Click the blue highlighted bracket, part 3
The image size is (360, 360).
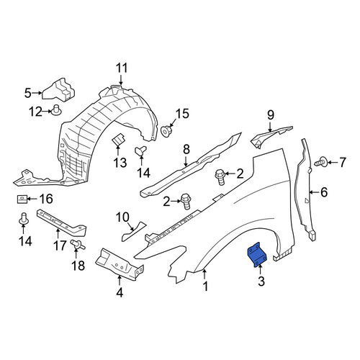tap(257, 254)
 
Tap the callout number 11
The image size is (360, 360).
tap(122, 68)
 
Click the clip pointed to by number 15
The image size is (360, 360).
tap(166, 131)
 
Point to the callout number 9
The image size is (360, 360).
tap(271, 115)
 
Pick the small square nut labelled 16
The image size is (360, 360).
tap(21, 199)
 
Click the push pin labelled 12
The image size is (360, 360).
tap(56, 110)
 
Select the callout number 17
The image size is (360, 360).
tap(60, 246)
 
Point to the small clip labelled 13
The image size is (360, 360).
tap(118, 140)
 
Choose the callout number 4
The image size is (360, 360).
tap(120, 292)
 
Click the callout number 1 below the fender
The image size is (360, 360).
tap(205, 286)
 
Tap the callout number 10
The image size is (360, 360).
tap(122, 217)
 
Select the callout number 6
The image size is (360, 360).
tap(324, 192)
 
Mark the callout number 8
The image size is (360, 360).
tap(186, 150)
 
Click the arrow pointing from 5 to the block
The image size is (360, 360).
tap(37, 93)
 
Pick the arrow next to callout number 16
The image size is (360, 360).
tap(32, 199)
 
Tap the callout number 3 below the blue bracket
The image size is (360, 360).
tap(261, 281)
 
